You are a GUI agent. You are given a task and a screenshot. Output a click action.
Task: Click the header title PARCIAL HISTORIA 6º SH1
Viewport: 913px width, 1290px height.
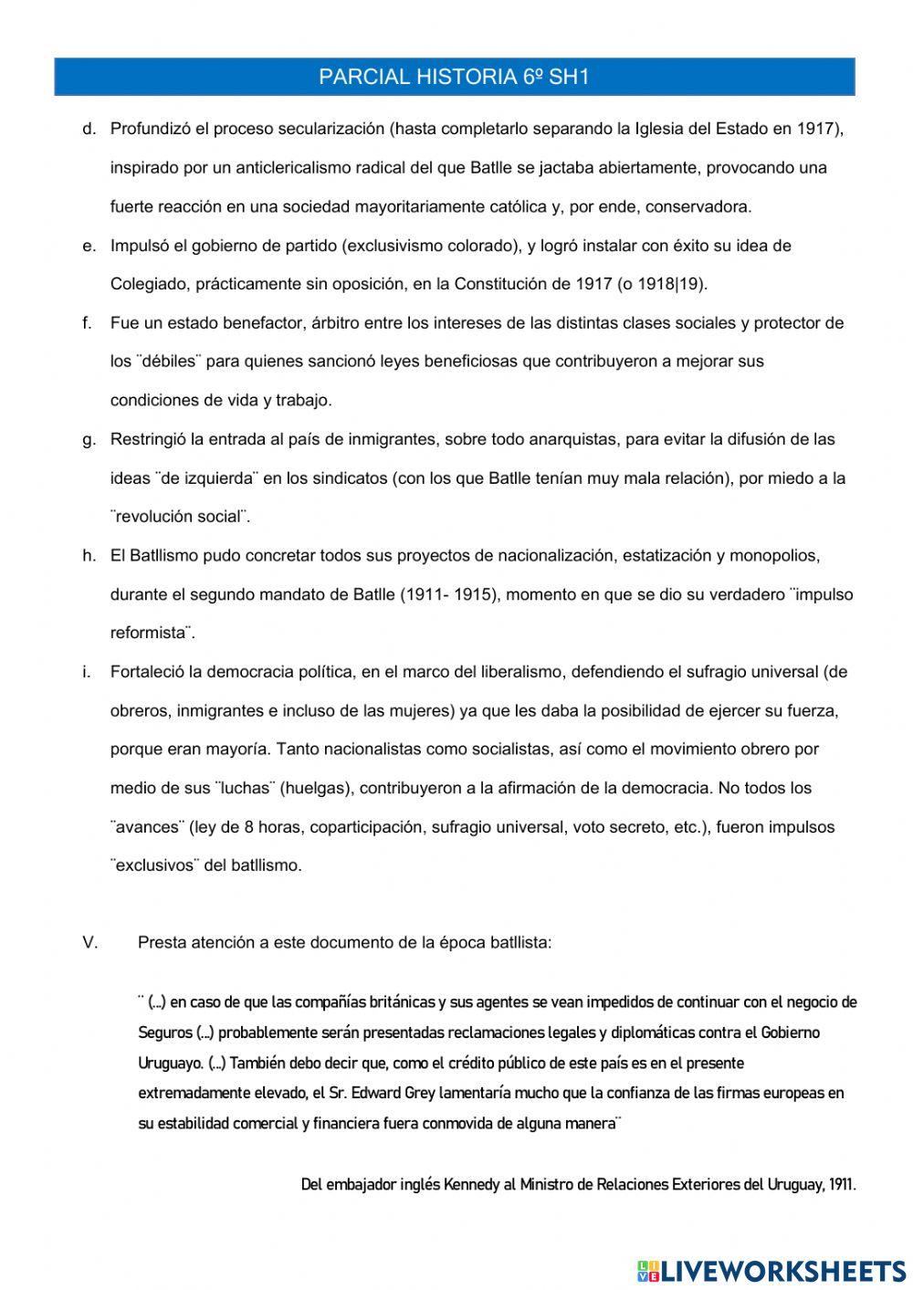click(x=454, y=78)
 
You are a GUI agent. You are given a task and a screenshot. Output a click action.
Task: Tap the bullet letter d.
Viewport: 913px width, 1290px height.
click(x=89, y=129)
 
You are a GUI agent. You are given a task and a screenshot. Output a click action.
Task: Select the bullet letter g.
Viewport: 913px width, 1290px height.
click(x=89, y=439)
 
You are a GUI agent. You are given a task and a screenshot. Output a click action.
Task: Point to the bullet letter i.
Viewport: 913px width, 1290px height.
click(x=87, y=672)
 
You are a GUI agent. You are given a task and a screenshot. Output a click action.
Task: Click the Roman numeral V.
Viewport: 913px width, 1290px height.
click(x=90, y=943)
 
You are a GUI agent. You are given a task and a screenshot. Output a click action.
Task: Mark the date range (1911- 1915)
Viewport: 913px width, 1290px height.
click(x=448, y=594)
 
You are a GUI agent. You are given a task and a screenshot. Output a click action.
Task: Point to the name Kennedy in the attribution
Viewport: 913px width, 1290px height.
click(x=471, y=1185)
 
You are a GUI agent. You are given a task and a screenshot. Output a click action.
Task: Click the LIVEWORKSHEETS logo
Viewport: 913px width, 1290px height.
click(x=771, y=1270)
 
